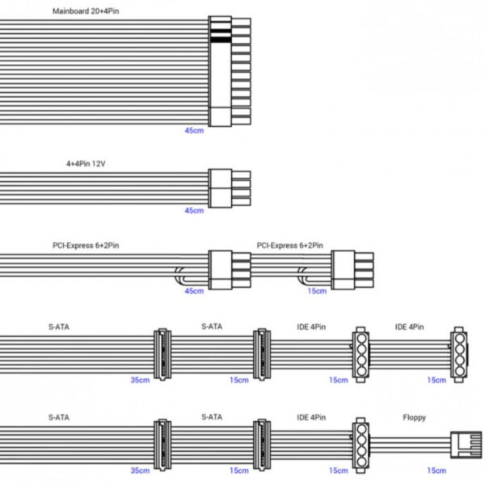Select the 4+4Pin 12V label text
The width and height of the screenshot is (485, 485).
pos(86,163)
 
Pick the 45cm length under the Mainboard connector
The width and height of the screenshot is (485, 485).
pos(194,129)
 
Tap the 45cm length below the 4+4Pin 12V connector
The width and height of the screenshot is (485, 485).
pos(194,210)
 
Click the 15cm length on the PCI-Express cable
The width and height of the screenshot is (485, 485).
pos(318,291)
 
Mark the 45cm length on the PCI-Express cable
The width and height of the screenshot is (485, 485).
pos(194,291)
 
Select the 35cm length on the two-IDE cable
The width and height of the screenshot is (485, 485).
pos(140,380)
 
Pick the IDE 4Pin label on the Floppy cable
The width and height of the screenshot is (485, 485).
pos(311,419)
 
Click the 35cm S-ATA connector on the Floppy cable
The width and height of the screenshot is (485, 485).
pos(161,445)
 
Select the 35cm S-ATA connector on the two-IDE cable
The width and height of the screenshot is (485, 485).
pos(161,355)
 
